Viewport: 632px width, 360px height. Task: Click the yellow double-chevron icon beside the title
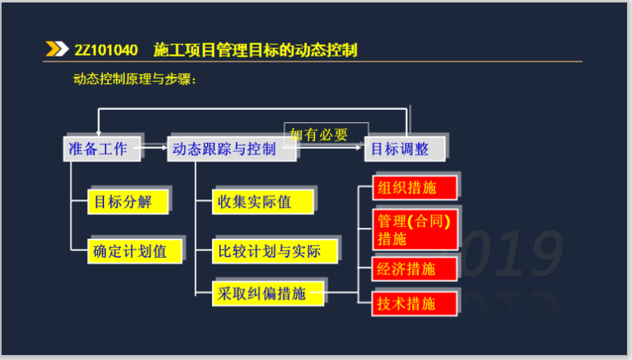[x=57, y=50]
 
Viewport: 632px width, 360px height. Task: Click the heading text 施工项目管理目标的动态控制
[x=255, y=50]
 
